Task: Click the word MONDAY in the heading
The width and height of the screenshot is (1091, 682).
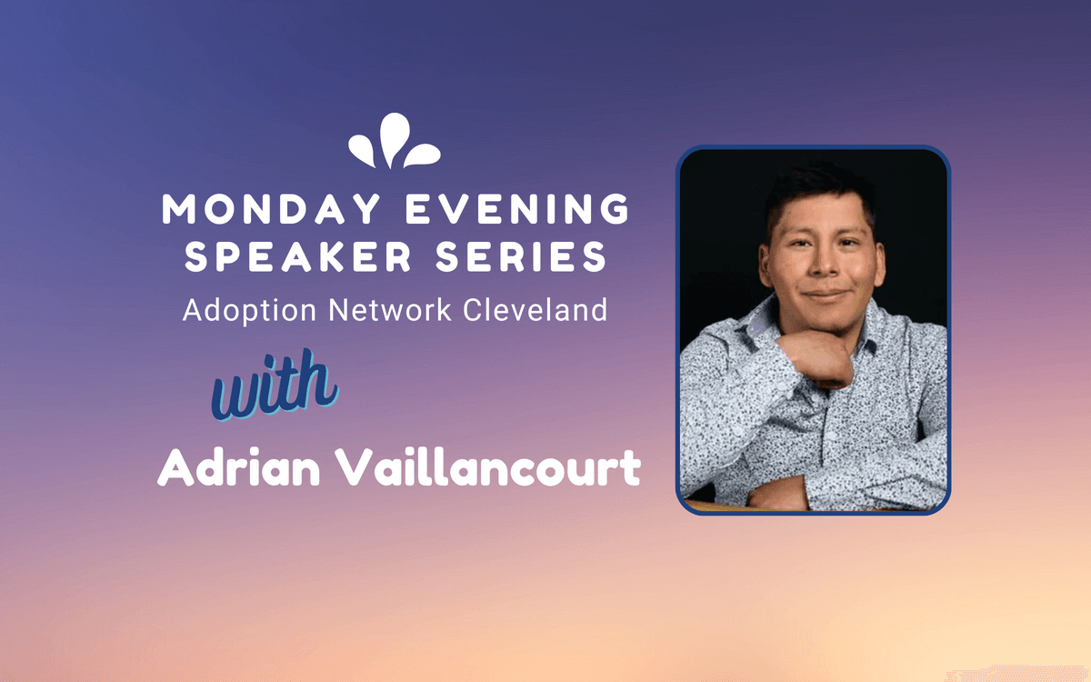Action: tap(271, 208)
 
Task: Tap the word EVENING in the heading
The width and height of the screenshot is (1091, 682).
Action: tap(517, 208)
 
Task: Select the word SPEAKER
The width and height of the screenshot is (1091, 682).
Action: tap(298, 256)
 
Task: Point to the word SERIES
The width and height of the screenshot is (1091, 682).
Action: tap(521, 256)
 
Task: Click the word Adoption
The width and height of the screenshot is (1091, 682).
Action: tap(249, 310)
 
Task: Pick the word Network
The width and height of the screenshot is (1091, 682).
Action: tap(390, 309)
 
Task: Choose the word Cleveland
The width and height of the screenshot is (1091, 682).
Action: tap(535, 309)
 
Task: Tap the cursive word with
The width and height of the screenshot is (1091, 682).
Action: tap(275, 385)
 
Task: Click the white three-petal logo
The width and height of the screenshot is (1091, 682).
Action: tap(395, 141)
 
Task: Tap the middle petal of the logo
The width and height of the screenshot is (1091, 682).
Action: tap(394, 139)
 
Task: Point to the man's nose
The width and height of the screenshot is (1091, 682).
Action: tap(822, 266)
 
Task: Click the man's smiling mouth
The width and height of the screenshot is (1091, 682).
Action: tap(825, 295)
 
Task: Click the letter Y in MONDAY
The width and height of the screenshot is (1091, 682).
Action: tap(364, 208)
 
